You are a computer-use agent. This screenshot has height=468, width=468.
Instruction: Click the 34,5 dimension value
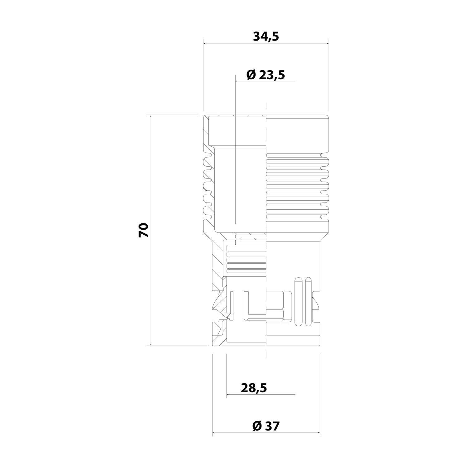click(266, 37)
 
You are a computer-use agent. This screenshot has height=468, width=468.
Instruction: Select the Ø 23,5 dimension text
click(266, 75)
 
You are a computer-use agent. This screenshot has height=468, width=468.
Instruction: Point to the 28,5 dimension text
click(254, 388)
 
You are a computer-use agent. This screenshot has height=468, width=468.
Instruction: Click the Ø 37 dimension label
click(266, 426)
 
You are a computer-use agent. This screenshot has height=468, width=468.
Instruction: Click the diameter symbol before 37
click(256, 426)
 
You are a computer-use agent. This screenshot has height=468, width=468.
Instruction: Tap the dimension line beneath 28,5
click(261, 395)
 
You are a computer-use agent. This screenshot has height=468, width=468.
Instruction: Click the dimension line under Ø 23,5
click(265, 81)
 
